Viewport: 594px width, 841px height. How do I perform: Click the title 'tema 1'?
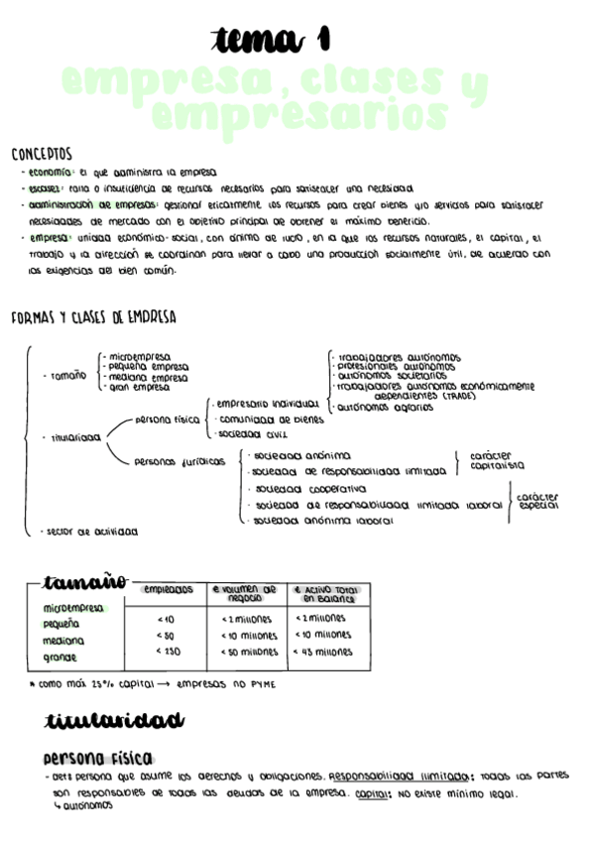pyautogui.click(x=270, y=40)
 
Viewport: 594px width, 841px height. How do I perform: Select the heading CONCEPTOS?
pyautogui.click(x=42, y=154)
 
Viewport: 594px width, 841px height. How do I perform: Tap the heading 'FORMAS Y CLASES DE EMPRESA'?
pyautogui.click(x=93, y=317)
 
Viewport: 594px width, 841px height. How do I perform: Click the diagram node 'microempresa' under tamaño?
pyautogui.click(x=139, y=356)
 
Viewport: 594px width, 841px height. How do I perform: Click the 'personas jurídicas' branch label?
pyautogui.click(x=179, y=461)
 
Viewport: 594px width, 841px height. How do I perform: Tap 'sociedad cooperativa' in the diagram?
pyautogui.click(x=309, y=489)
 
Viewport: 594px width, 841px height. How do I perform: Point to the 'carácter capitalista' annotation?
pyautogui.click(x=497, y=460)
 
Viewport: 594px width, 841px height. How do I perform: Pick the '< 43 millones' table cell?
pyautogui.click(x=323, y=652)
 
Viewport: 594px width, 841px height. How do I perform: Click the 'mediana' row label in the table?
pyautogui.click(x=62, y=641)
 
